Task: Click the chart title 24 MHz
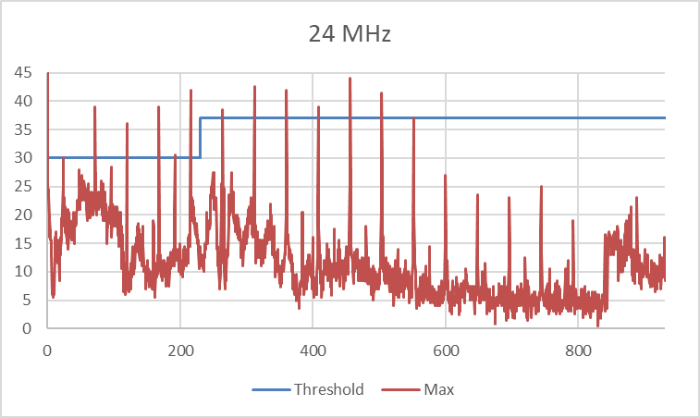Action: point(350,35)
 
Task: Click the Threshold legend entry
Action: point(328,389)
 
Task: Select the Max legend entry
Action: point(439,389)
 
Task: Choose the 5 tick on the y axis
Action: point(31,301)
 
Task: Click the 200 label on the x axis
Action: point(179,350)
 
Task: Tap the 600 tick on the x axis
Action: point(445,350)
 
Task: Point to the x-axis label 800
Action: point(578,350)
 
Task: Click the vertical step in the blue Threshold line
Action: point(200,138)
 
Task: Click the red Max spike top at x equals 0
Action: point(47,74)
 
